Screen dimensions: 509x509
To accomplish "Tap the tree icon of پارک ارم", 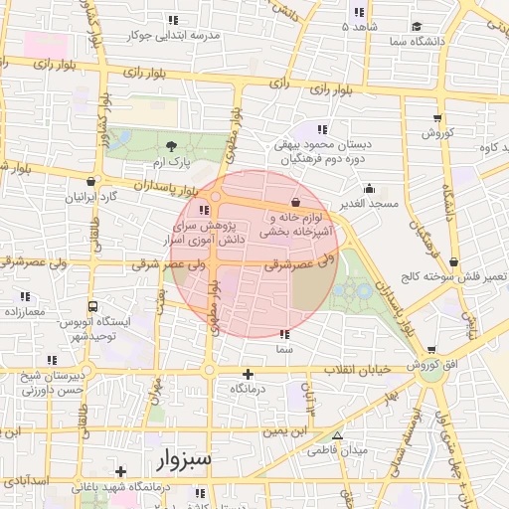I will pyautogui.click(x=170, y=146).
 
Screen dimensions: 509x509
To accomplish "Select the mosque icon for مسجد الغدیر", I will pyautogui.click(x=370, y=188).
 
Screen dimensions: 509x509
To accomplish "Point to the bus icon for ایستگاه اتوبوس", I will pyautogui.click(x=92, y=308).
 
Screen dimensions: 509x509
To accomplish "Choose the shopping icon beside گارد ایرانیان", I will pyautogui.click(x=92, y=182).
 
